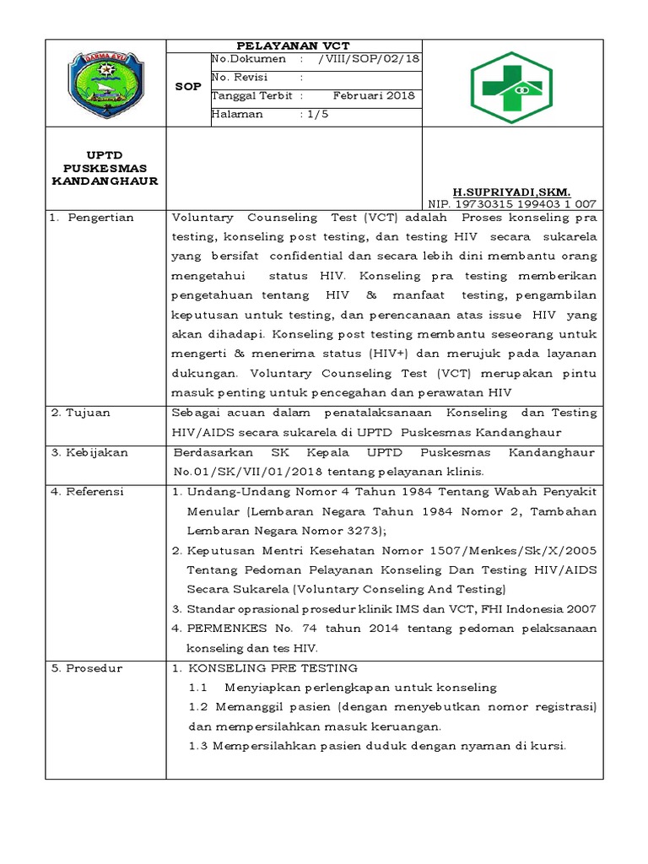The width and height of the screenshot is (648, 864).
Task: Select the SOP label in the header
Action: [x=188, y=87]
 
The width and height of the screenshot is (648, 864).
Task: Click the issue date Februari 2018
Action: [x=374, y=95]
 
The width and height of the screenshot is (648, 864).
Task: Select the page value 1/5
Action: [x=317, y=114]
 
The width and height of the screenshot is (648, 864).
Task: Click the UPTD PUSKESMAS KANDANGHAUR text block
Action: [x=105, y=169]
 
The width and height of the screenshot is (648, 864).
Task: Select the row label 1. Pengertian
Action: [x=91, y=218]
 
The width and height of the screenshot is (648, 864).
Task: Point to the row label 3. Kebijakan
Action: [x=89, y=452]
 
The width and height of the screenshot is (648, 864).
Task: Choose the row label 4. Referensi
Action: [x=88, y=491]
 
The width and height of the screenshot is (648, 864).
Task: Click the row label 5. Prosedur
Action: [x=85, y=668]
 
